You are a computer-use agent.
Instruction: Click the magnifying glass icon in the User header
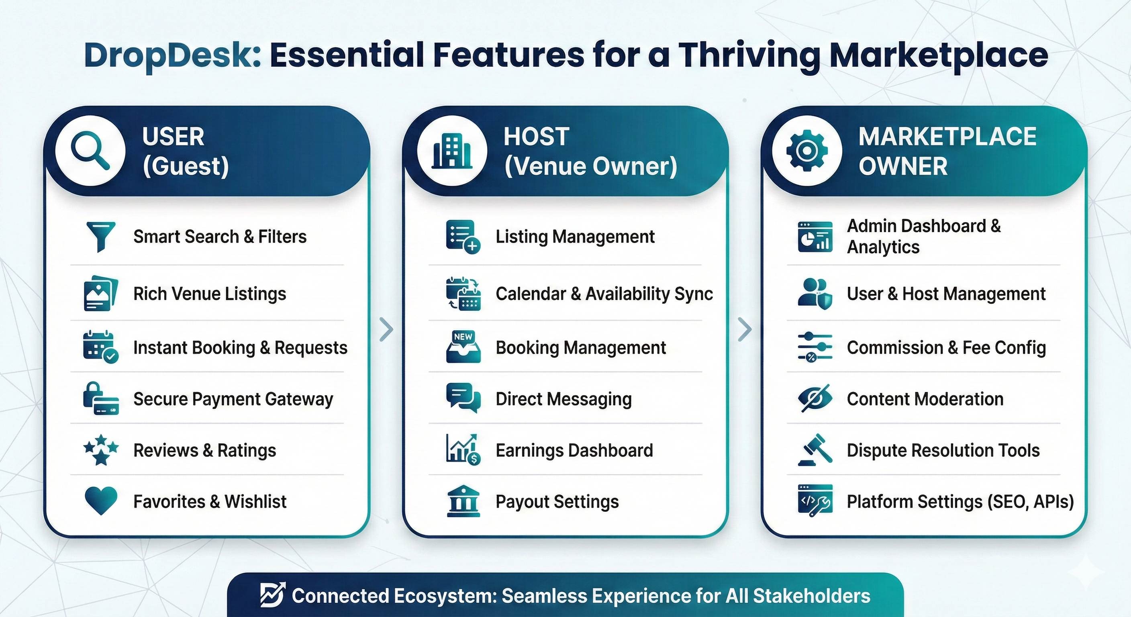[x=90, y=151]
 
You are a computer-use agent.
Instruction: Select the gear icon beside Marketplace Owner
[x=806, y=151]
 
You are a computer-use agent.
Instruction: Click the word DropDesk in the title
[x=173, y=55]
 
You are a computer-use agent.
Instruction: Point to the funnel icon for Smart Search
[x=101, y=236]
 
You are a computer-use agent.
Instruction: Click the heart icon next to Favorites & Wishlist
[x=100, y=500]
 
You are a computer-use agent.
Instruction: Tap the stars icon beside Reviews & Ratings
[x=101, y=449]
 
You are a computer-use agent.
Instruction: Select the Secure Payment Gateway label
[x=233, y=399]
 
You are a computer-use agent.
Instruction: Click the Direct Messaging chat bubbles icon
[x=463, y=398]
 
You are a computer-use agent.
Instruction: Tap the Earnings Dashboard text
[x=574, y=450]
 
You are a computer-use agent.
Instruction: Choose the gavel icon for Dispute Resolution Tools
[x=815, y=449]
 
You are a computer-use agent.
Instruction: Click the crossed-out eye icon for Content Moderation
[x=815, y=398]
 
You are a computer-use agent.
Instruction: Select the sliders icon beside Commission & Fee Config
[x=815, y=347]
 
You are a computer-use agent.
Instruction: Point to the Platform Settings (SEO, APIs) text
[x=960, y=501]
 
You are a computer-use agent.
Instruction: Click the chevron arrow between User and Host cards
[x=386, y=329]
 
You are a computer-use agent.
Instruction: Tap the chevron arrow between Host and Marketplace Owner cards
[x=745, y=329]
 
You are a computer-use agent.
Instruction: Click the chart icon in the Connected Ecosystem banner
[x=272, y=595]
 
